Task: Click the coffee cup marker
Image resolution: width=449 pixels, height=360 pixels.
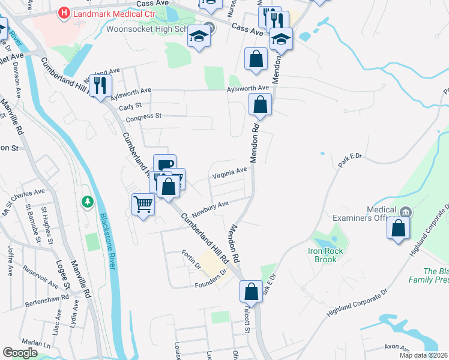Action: [x=164, y=165]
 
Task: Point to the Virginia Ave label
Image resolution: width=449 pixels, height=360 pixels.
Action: [x=229, y=173]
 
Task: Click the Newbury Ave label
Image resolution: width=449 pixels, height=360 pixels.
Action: [x=210, y=207]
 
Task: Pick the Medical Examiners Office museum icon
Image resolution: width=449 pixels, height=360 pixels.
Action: [x=406, y=211]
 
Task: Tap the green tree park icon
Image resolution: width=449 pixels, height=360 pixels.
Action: [x=88, y=202]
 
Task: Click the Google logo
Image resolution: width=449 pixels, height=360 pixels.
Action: [x=20, y=353]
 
